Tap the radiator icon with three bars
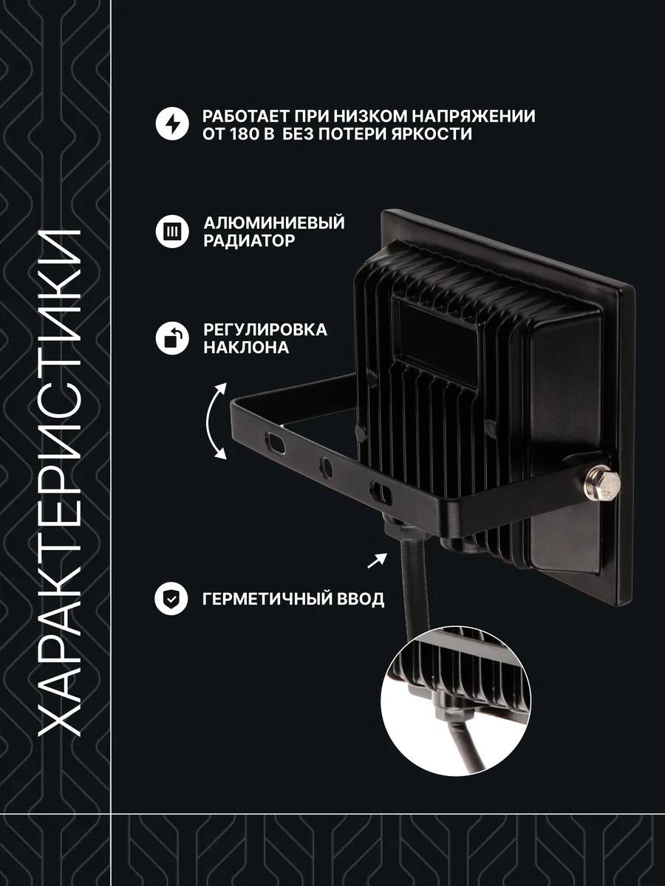coord(172,232)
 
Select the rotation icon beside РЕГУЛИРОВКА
coord(172,338)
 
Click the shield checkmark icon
coord(171,599)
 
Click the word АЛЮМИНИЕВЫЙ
coord(274,223)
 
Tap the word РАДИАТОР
coord(249,241)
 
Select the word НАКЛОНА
coord(246,348)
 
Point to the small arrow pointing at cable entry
coord(377,560)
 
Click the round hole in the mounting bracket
coord(325,468)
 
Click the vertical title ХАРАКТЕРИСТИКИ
coord(61,482)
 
